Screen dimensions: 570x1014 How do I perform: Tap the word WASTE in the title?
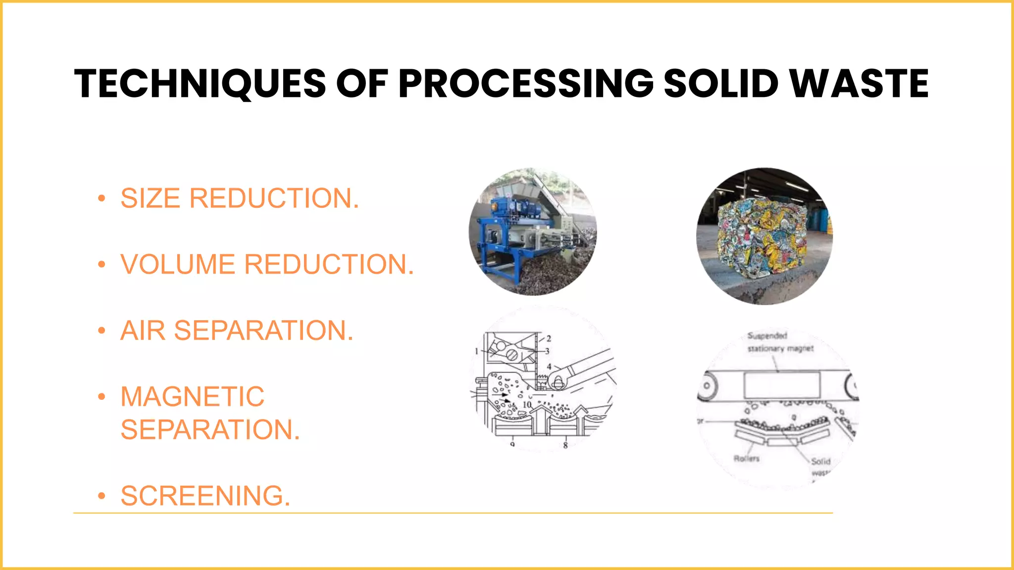click(859, 84)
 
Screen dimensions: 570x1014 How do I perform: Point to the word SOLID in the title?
click(721, 84)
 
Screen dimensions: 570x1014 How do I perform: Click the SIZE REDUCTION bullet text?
click(240, 198)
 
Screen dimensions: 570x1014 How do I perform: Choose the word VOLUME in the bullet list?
click(178, 264)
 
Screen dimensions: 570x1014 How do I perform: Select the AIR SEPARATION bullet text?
click(237, 331)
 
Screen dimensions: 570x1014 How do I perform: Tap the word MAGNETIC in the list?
click(193, 397)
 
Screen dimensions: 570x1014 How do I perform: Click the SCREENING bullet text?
click(205, 496)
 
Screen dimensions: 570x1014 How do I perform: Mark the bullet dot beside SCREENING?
click(101, 496)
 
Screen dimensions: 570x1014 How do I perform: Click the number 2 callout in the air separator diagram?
click(549, 339)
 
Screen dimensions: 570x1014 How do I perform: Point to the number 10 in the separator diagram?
click(527, 405)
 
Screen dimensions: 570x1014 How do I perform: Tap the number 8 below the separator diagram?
click(565, 445)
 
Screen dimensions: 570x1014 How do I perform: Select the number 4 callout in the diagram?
click(549, 367)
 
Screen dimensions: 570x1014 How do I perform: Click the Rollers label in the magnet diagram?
click(746, 459)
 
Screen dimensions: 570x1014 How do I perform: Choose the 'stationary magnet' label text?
click(780, 348)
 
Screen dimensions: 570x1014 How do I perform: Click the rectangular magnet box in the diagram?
click(782, 385)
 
